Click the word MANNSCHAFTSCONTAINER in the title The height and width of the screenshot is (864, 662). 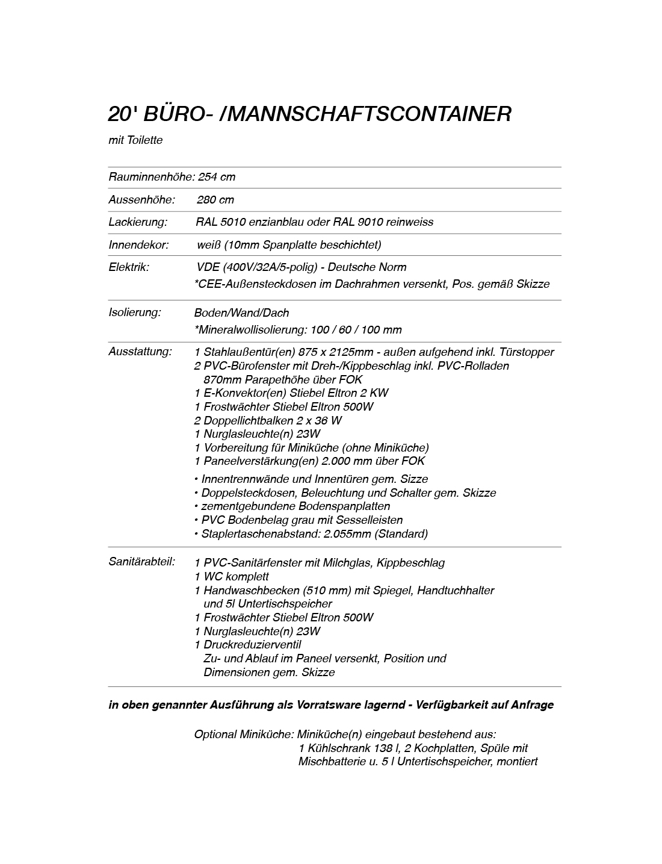click(x=370, y=114)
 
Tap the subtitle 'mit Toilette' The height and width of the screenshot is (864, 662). click(x=135, y=140)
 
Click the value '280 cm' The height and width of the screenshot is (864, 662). click(x=215, y=200)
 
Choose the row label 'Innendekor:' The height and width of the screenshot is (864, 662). click(x=138, y=245)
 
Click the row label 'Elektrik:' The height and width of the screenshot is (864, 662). click(x=129, y=267)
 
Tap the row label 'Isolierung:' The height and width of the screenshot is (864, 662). click(x=135, y=312)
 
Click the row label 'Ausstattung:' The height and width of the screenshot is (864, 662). click(x=140, y=352)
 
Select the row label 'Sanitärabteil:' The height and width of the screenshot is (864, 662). click(x=142, y=562)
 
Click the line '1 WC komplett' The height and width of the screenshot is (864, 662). click(x=232, y=577)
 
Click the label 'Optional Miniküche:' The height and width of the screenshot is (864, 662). click(x=244, y=735)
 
